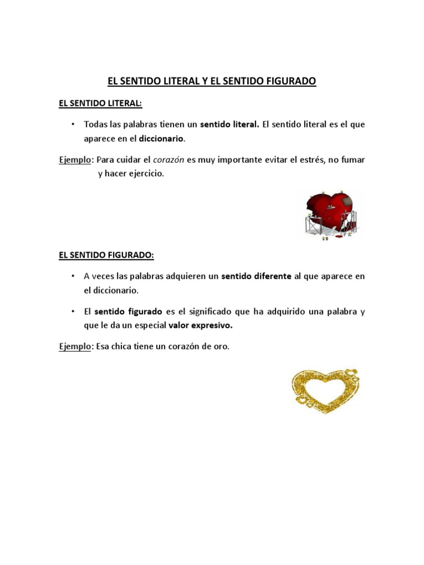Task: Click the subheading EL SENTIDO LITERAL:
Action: coord(100,103)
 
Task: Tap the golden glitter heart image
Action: coord(324,390)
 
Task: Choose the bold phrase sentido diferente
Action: coord(256,276)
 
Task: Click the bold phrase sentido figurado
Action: coord(128,311)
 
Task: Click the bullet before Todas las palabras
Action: coord(72,124)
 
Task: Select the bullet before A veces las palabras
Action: coord(72,276)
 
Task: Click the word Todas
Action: coord(95,124)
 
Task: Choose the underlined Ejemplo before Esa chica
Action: coord(75,347)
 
